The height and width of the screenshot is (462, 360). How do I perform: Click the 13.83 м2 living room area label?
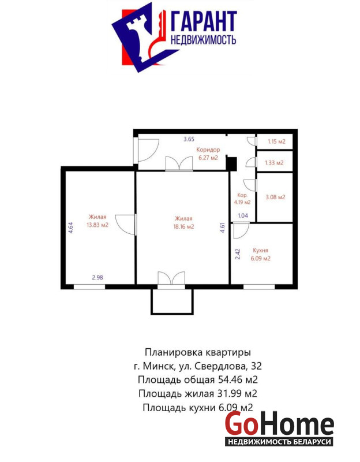(x=97, y=225)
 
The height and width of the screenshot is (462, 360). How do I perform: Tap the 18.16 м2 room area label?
(x=183, y=227)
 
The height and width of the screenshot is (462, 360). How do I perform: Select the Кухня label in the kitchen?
(x=261, y=251)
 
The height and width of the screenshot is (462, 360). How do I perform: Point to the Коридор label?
(x=208, y=150)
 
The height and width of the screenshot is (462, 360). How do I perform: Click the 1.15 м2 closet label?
(x=276, y=141)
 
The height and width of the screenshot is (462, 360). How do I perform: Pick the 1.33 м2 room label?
(x=274, y=163)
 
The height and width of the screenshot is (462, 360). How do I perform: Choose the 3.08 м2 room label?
(x=276, y=197)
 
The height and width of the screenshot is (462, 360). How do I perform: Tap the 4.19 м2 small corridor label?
(x=242, y=203)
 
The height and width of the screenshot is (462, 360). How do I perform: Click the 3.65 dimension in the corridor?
(x=189, y=139)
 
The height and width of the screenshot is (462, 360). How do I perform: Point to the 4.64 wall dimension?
(x=71, y=228)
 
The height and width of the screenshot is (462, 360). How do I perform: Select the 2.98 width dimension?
(x=97, y=277)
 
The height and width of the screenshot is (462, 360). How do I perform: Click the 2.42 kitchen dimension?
(x=238, y=254)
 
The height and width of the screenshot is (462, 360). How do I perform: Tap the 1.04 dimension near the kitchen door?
(x=243, y=215)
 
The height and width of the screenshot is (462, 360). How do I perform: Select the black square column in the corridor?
(x=231, y=164)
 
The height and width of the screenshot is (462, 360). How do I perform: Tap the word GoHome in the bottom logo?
(x=279, y=424)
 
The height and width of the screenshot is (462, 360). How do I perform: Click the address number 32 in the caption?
(x=256, y=366)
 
